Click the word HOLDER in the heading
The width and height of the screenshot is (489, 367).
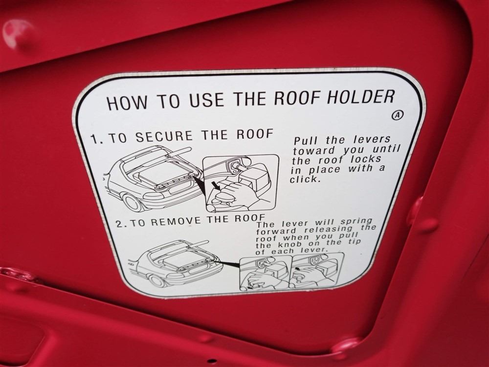(360, 97)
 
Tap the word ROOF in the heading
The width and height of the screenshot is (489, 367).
(297, 98)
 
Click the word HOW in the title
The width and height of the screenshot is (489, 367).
(127, 102)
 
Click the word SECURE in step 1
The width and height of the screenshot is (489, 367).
(164, 137)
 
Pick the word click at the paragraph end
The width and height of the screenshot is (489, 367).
(305, 180)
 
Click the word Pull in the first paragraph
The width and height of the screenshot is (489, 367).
(307, 140)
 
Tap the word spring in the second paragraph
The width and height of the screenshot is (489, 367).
(356, 222)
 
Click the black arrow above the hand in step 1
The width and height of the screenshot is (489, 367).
(215, 185)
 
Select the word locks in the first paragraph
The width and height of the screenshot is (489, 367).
(365, 159)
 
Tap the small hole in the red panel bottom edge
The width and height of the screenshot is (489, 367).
(212, 361)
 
